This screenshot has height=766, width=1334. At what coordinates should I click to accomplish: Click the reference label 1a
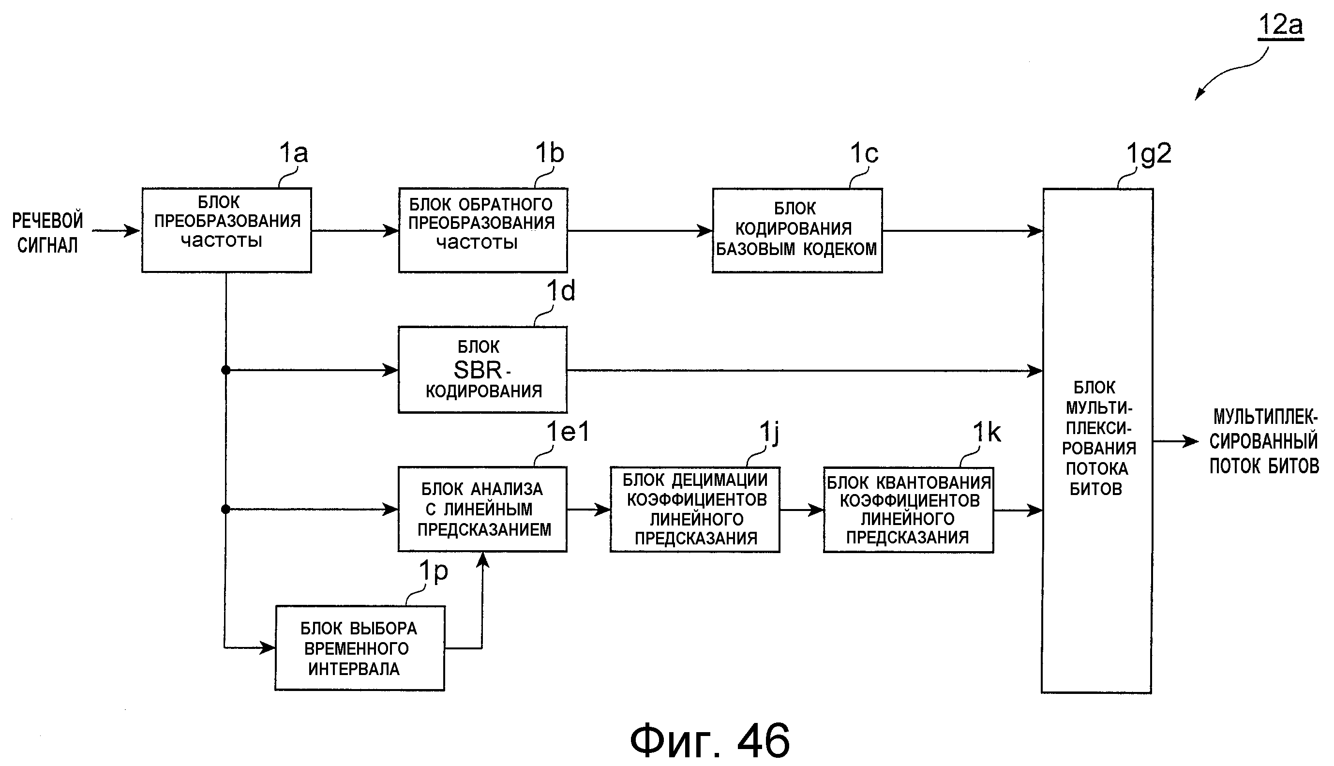tap(293, 153)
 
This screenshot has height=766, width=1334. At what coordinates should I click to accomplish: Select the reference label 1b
tap(549, 153)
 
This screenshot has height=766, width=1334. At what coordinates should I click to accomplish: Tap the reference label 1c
tap(864, 153)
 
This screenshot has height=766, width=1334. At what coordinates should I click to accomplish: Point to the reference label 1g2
tap(1148, 153)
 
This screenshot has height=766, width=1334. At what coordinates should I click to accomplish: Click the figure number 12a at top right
tap(1280, 25)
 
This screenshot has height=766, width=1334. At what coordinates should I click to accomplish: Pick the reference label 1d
tap(560, 291)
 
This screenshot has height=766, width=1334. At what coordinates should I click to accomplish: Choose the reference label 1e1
tap(568, 432)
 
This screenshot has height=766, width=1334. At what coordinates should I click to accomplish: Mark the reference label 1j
tap(769, 433)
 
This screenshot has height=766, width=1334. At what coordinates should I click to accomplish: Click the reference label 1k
tap(986, 433)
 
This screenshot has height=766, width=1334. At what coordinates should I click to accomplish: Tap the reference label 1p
tap(433, 571)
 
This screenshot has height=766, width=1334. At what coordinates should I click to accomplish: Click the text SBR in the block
tap(478, 370)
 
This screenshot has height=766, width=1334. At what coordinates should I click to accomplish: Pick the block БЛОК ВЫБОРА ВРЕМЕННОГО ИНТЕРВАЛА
tap(360, 648)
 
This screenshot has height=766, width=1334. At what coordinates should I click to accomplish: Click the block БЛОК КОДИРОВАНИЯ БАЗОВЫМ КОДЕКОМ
tap(797, 230)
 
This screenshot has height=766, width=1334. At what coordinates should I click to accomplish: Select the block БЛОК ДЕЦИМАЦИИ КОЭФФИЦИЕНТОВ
tap(694, 509)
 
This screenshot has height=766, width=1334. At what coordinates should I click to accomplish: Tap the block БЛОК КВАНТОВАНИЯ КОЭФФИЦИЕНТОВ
tap(908, 509)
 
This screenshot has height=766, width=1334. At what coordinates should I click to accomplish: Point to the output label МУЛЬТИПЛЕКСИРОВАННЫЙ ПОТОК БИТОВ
tap(1263, 441)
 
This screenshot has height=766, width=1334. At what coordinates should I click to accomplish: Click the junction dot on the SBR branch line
tap(225, 370)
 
